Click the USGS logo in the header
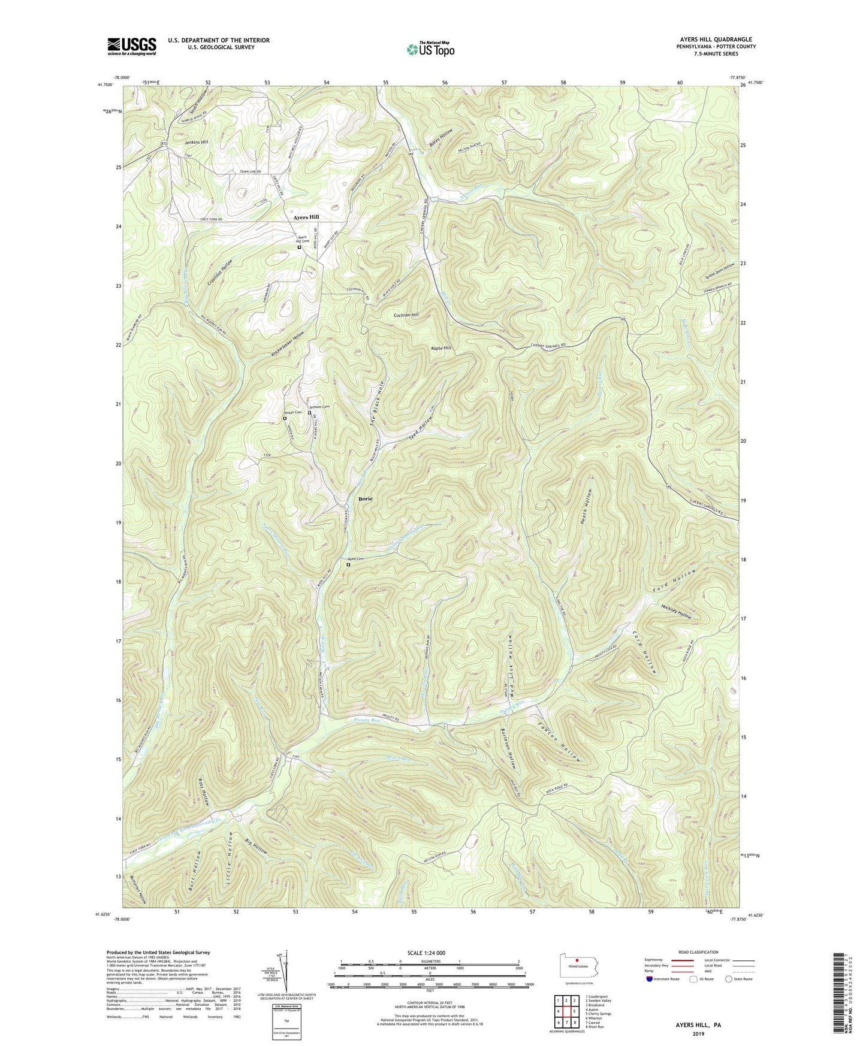pos(131,46)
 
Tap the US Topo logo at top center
pos(430,49)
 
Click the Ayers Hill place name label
pos(306,217)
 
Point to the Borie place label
pos(365,498)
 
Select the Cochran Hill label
pos(406,315)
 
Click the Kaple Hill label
pos(440,347)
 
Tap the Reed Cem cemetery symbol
pos(348,564)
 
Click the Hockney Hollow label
pos(677,611)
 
